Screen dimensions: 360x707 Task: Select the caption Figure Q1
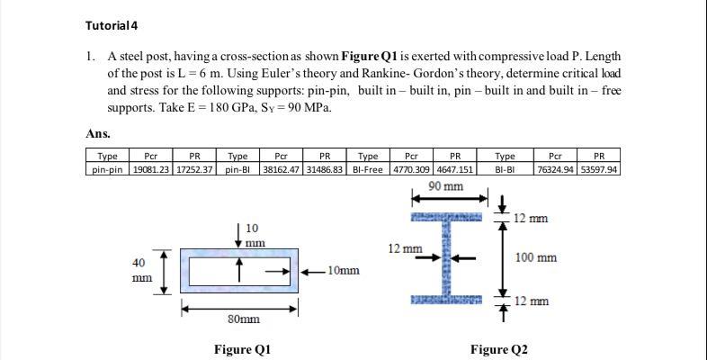tap(242, 349)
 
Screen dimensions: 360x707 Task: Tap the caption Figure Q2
tap(498, 349)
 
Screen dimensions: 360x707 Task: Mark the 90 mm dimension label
tap(446, 186)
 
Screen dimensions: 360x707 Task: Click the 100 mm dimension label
tap(534, 257)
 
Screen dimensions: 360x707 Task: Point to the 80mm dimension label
tap(243, 319)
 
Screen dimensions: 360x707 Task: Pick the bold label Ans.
tap(98, 134)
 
